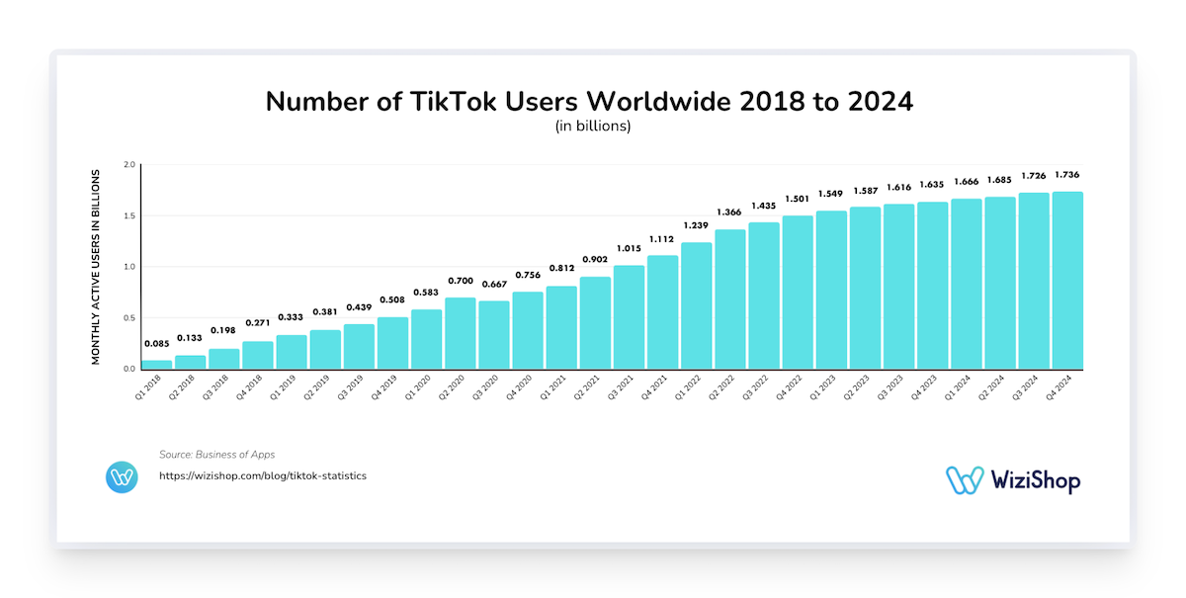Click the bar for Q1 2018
[157, 364]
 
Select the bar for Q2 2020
[461, 333]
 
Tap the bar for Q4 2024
[1067, 281]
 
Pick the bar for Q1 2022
[697, 305]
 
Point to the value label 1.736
[1067, 175]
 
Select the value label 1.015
[629, 248]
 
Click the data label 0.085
[157, 344]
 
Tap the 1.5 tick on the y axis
[128, 215]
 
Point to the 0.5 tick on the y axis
[128, 317]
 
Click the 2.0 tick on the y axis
[128, 165]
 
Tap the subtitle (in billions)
[593, 128]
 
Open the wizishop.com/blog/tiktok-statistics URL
[263, 476]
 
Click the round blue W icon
[122, 477]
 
